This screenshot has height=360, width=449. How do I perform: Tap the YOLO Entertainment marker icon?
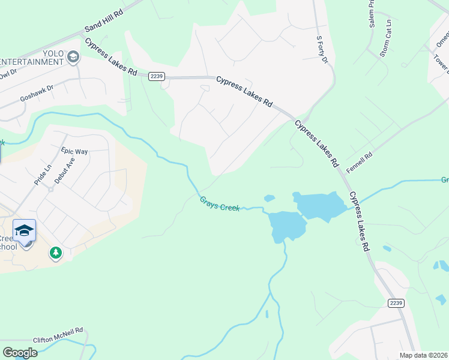click(x=73, y=57)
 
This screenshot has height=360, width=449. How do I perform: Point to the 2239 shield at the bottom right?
click(x=395, y=304)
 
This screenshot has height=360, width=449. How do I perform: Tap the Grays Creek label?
click(x=220, y=204)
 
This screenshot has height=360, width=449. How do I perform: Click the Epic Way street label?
click(x=74, y=152)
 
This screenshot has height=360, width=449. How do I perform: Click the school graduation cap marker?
click(x=25, y=231)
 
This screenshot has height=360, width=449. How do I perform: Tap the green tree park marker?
click(x=56, y=253)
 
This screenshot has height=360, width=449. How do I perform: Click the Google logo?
click(x=20, y=353)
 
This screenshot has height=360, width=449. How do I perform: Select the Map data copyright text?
click(x=423, y=355)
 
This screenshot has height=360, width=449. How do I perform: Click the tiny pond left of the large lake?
click(x=269, y=197)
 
